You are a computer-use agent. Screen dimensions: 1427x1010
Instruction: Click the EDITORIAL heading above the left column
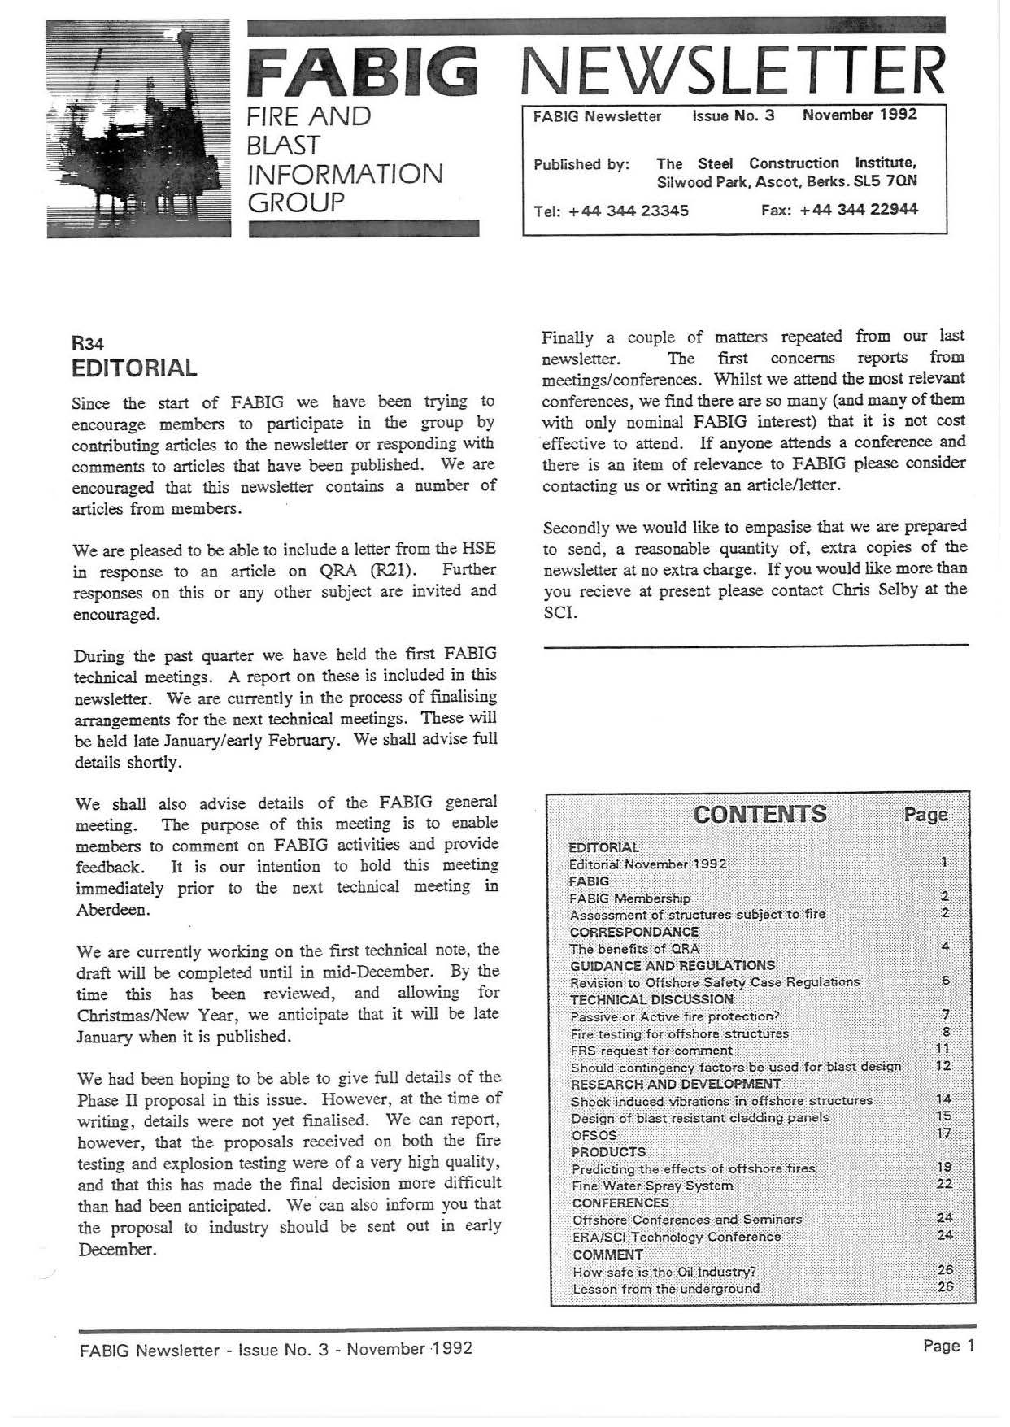134,368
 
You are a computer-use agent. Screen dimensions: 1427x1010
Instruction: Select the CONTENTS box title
760,814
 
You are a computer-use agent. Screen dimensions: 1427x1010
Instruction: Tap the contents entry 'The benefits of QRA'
634,949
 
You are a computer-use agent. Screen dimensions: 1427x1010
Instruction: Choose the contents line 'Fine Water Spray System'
652,1186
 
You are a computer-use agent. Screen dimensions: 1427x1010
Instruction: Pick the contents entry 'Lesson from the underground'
666,1289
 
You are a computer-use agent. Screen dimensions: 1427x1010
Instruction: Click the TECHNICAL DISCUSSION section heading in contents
651,999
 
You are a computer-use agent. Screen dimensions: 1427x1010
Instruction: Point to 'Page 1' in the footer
948,1347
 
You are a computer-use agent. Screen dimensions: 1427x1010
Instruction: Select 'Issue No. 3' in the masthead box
734,115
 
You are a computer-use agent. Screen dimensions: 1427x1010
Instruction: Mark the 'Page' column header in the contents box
925,815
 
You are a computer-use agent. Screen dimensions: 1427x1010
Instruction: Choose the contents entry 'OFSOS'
594,1134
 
